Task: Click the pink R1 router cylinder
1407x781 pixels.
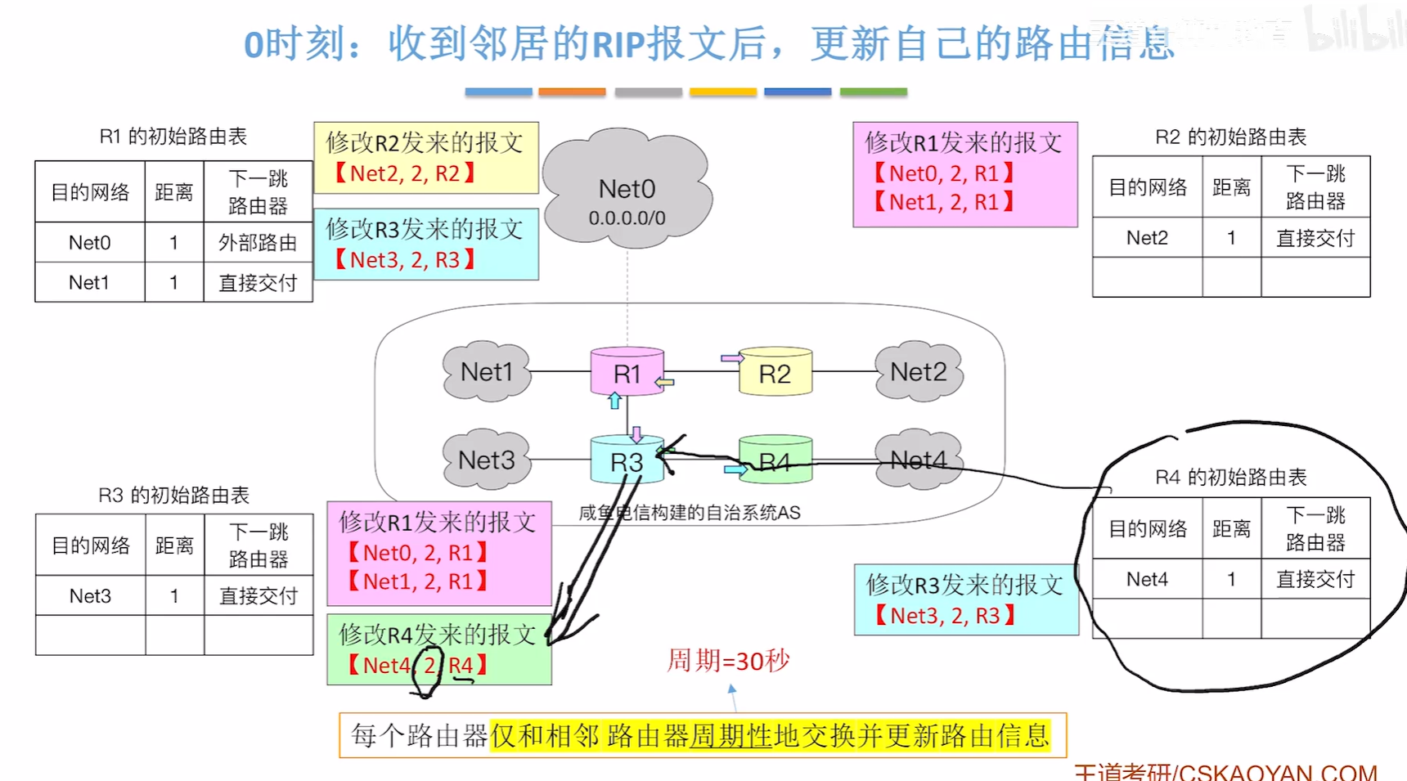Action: click(627, 373)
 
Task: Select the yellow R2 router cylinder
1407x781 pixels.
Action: click(775, 373)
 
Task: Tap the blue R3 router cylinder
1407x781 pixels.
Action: click(626, 461)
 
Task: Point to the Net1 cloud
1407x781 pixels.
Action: click(487, 372)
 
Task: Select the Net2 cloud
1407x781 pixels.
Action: click(918, 372)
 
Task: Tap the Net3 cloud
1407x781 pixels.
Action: click(487, 460)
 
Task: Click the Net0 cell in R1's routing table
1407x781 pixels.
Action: click(90, 243)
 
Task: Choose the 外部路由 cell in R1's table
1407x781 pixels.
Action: click(258, 243)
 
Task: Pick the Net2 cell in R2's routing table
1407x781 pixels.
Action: click(1147, 238)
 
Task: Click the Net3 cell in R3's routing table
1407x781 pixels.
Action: click(90, 596)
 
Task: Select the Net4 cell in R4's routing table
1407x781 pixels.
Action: click(1147, 580)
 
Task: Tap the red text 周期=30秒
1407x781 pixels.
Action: click(728, 660)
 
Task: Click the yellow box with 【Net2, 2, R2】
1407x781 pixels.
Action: click(425, 158)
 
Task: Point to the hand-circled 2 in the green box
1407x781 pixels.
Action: click(429, 666)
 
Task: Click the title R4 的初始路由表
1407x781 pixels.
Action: click(1230, 477)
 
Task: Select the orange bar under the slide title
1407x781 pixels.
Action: click(572, 92)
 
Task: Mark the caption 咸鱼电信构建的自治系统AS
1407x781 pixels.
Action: click(689, 513)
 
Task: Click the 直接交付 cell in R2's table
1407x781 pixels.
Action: click(1315, 238)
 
